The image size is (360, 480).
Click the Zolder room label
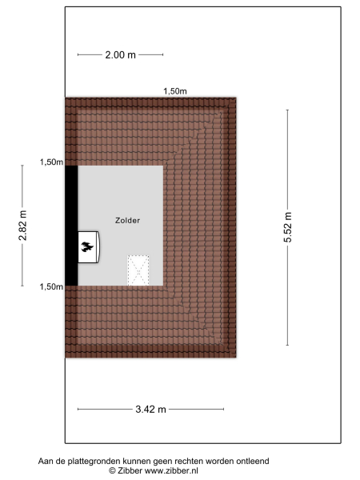click(127, 220)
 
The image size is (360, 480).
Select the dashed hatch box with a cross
click(139, 270)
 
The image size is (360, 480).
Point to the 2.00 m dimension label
click(120, 55)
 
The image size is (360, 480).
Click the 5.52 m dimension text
click(288, 227)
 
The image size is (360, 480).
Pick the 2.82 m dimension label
click(22, 225)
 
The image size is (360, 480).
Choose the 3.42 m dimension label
click(150, 410)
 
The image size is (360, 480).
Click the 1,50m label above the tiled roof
click(174, 91)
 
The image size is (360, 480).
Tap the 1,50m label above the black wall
click(51, 162)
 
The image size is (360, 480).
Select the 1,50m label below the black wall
click(51, 286)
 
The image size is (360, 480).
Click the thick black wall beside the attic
click(71, 225)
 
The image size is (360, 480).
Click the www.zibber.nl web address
click(171, 471)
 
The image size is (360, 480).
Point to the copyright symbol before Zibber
click(113, 471)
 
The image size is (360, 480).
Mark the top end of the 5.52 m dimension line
click(288, 110)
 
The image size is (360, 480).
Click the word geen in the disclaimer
click(161, 461)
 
